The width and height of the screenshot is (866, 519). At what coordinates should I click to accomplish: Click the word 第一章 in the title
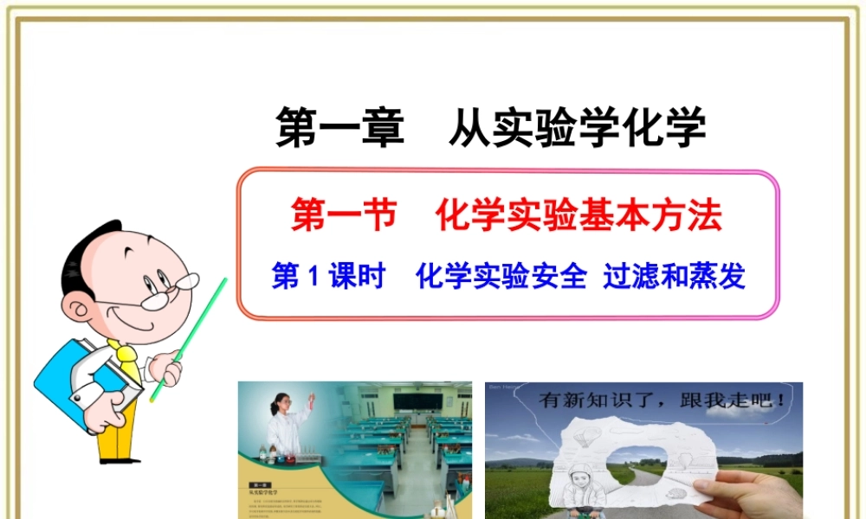tap(339, 129)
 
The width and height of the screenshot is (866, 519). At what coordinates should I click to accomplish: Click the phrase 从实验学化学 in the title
tap(578, 129)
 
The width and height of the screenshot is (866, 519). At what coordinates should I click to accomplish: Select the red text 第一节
tap(343, 216)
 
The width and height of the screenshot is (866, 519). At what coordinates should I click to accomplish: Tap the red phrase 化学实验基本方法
tap(579, 216)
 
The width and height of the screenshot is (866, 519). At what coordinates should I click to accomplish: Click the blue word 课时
tap(356, 278)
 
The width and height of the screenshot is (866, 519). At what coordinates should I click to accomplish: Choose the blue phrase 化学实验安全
tap(501, 278)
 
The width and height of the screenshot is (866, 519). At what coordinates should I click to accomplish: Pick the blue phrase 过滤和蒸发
tap(674, 278)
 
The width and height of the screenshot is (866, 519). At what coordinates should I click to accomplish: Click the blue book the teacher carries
tap(82, 381)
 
